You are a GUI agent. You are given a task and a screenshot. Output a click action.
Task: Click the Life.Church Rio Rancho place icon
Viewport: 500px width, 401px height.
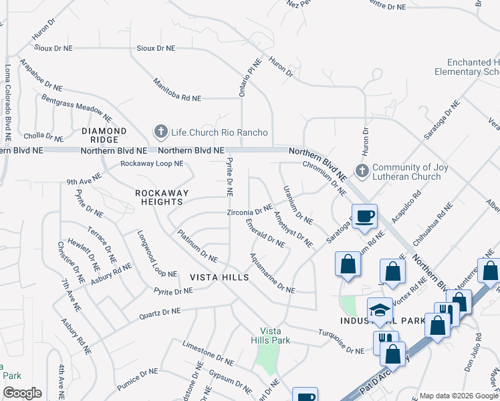coord(160,132)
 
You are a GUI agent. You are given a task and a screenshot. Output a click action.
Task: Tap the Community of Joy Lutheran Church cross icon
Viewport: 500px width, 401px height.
coord(362,171)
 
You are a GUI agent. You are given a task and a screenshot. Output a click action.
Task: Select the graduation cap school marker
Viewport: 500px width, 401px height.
coord(380,310)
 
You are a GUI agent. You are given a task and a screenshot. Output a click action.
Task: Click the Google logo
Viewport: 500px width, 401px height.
coord(22,393)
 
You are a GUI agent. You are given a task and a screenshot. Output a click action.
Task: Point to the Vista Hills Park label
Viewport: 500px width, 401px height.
coord(275,336)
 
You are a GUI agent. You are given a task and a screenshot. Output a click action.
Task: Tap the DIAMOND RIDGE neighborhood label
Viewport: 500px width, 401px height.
coord(104,135)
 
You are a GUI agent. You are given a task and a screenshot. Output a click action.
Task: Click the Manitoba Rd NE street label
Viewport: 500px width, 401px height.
coord(176,88)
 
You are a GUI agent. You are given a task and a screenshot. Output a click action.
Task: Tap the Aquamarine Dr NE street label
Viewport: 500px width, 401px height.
coord(272,273)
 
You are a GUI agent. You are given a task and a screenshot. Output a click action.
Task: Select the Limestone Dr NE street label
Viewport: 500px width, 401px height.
coord(208,353)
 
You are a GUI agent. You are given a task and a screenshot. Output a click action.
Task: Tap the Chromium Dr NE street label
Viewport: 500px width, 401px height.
coord(324,178)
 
